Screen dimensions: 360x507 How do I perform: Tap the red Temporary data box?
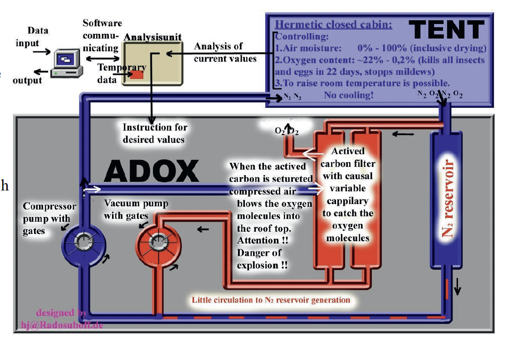[x=136, y=75]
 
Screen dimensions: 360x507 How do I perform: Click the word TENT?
[x=447, y=30]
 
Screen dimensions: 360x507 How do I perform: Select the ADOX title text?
[x=151, y=171]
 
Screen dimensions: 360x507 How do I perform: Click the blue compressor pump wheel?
[x=84, y=243]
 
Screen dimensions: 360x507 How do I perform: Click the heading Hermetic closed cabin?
[x=333, y=24]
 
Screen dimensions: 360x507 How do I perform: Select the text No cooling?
[x=348, y=95]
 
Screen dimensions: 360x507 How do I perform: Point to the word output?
[x=27, y=80]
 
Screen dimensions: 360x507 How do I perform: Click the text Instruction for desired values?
[x=155, y=133]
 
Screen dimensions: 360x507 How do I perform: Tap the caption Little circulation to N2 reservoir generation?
[x=271, y=300]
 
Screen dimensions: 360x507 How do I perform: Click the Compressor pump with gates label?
[x=43, y=219]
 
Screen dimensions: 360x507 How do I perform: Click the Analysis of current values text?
[x=225, y=52]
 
